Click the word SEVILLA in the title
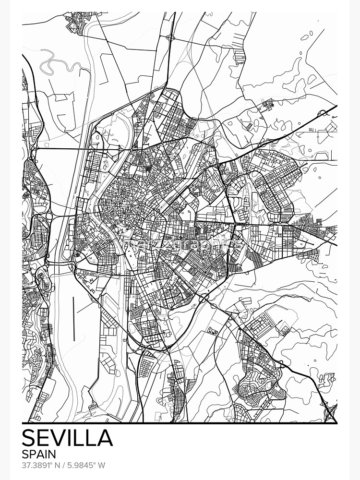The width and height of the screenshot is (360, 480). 67,438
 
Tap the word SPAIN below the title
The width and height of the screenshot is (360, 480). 39,454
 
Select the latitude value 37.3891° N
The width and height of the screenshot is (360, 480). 40,465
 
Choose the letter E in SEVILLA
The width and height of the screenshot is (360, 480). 45,438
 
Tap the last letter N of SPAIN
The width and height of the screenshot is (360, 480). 52,454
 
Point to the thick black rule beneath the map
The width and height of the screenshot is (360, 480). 180,423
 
